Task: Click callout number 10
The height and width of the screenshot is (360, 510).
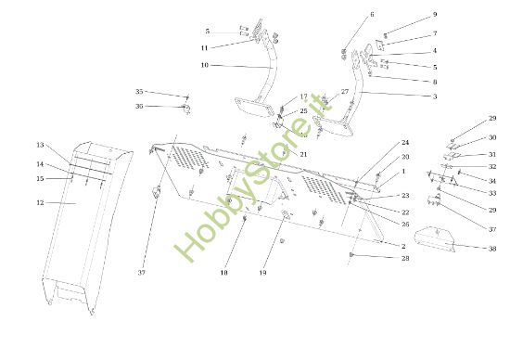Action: click(204, 65)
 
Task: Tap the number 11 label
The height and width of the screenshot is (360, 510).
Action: click(204, 47)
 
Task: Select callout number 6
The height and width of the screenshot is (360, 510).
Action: click(372, 15)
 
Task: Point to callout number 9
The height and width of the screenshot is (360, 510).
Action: click(434, 16)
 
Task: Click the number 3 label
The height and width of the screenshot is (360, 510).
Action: click(434, 96)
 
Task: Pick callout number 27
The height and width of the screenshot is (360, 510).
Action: click(344, 92)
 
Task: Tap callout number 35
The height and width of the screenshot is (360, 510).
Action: click(139, 92)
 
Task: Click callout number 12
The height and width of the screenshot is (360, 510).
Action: click(40, 202)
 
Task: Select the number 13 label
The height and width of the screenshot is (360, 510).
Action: click(40, 146)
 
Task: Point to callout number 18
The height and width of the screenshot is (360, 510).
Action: click(223, 274)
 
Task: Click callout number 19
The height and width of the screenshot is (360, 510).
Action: click(262, 274)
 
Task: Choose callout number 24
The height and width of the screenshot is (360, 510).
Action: click(404, 143)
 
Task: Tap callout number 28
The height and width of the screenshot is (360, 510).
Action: click(404, 258)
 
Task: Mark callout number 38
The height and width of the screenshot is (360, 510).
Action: click(492, 248)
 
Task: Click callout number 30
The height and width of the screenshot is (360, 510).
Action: click(492, 137)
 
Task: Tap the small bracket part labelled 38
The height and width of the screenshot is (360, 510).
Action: click(436, 238)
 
